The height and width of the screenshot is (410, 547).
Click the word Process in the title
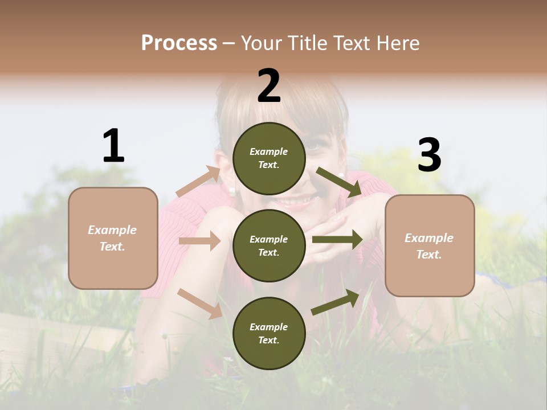click(x=179, y=43)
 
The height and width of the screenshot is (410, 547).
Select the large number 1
click(x=113, y=146)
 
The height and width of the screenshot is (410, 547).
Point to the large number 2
click(x=269, y=86)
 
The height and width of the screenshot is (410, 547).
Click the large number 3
click(x=429, y=155)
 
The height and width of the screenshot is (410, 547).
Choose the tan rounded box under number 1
click(x=113, y=238)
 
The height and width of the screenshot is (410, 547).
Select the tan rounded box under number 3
click(x=430, y=245)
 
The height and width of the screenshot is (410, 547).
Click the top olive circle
click(x=269, y=158)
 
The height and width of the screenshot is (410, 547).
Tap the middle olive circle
click(x=269, y=245)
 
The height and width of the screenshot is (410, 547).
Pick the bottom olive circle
click(x=269, y=333)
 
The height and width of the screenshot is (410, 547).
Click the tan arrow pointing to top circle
click(x=198, y=182)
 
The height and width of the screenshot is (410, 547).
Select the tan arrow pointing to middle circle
click(x=199, y=241)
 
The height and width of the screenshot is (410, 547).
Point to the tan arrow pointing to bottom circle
click(x=200, y=304)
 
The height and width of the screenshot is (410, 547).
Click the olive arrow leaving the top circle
click(x=338, y=182)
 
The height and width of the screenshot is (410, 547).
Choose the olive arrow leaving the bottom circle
click(x=335, y=302)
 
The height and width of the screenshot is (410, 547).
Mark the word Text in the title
click(x=353, y=43)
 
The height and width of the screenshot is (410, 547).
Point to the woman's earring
click(x=232, y=190)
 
